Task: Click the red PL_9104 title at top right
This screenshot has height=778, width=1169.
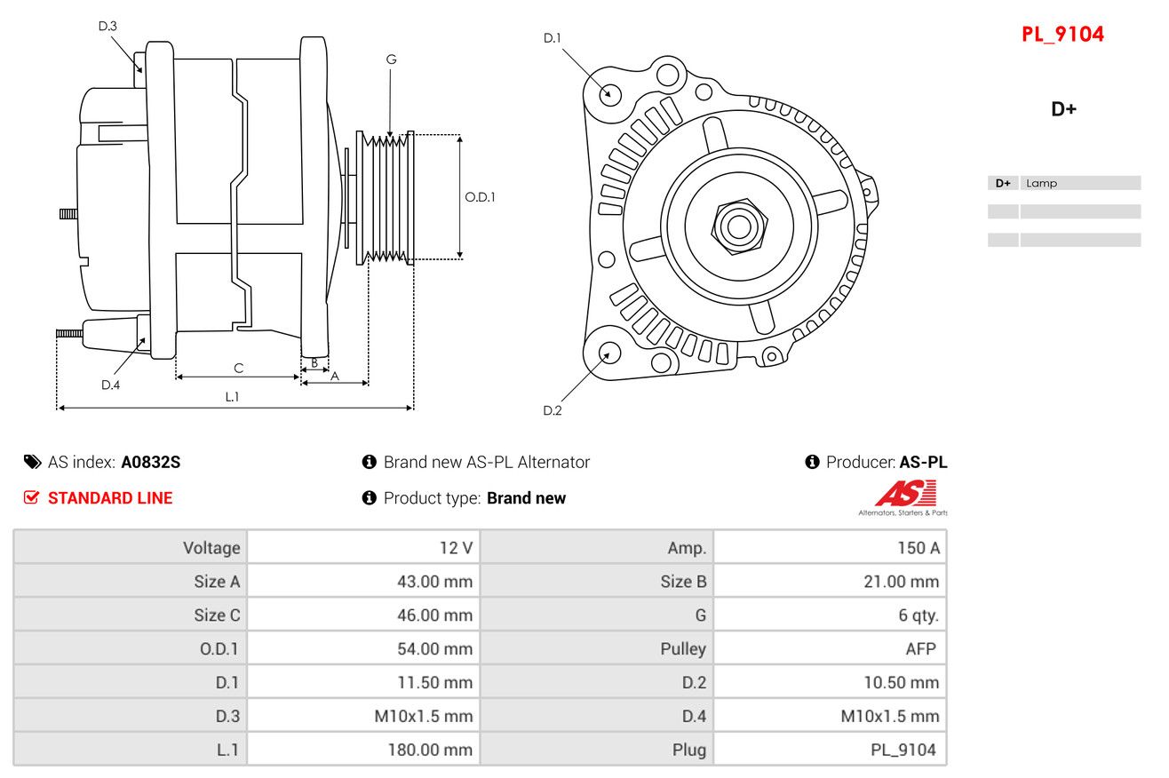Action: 1062,35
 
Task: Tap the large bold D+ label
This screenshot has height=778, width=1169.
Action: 1063,109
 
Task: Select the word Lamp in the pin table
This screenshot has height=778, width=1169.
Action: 1041,184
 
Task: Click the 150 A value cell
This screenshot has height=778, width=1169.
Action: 918,548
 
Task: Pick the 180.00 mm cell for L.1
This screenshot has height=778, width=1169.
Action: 429,750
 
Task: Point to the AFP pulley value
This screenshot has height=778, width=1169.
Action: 920,648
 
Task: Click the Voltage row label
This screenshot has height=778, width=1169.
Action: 211,548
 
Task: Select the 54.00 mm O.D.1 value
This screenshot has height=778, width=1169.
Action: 434,648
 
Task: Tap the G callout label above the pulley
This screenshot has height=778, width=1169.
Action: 391,60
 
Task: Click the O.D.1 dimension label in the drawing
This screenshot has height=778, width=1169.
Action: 480,197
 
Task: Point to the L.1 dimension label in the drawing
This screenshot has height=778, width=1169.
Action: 232,397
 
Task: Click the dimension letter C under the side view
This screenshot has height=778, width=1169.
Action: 238,368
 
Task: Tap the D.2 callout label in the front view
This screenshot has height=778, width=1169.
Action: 552,410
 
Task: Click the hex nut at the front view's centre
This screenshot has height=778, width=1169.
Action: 737,226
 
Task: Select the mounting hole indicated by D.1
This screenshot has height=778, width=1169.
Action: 609,93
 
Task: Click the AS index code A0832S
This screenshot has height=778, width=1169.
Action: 151,462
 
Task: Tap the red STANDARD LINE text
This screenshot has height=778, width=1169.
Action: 109,498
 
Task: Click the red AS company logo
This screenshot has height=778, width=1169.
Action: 905,494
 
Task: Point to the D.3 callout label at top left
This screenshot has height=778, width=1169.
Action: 107,26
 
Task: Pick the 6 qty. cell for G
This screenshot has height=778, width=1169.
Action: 918,615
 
